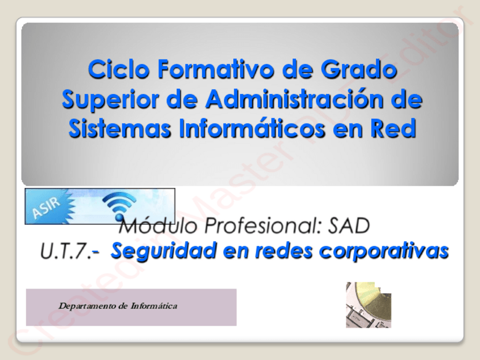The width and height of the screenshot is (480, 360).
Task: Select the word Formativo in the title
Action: (x=216, y=69)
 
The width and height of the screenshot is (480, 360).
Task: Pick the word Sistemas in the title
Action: (x=119, y=128)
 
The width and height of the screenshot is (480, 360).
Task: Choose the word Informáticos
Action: (x=252, y=128)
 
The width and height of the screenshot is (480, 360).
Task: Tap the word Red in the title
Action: (x=393, y=128)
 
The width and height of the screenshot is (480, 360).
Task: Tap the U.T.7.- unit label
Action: (x=70, y=251)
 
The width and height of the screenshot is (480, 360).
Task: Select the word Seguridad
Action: (x=164, y=251)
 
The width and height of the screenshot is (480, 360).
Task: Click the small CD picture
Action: (x=368, y=305)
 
